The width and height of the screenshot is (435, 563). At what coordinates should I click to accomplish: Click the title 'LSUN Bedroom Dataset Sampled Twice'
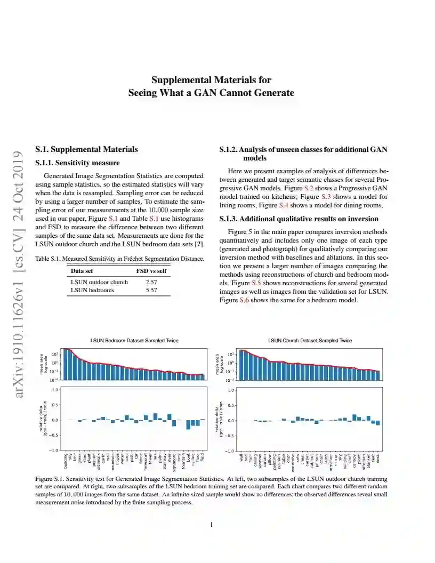pos(134,340)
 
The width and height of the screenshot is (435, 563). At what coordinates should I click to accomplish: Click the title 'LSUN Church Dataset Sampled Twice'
pos(310,340)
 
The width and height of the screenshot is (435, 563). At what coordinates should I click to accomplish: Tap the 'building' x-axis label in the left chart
pos(66,461)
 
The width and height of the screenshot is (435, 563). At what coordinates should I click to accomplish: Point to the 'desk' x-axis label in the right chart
pos(378,457)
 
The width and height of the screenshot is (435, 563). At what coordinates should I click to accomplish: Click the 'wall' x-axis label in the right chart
pos(241,457)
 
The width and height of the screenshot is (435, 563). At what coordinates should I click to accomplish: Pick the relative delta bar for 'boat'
pos(188,424)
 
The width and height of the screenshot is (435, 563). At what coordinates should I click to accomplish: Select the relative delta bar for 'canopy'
pos(355,417)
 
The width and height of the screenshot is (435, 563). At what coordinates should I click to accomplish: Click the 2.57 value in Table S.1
pos(151,281)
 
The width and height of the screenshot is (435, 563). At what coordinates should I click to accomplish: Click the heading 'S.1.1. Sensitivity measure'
pos(77,163)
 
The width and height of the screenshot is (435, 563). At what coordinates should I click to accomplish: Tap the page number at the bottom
pos(212,525)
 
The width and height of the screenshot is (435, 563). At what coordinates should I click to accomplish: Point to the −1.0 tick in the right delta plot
pos(229,451)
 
